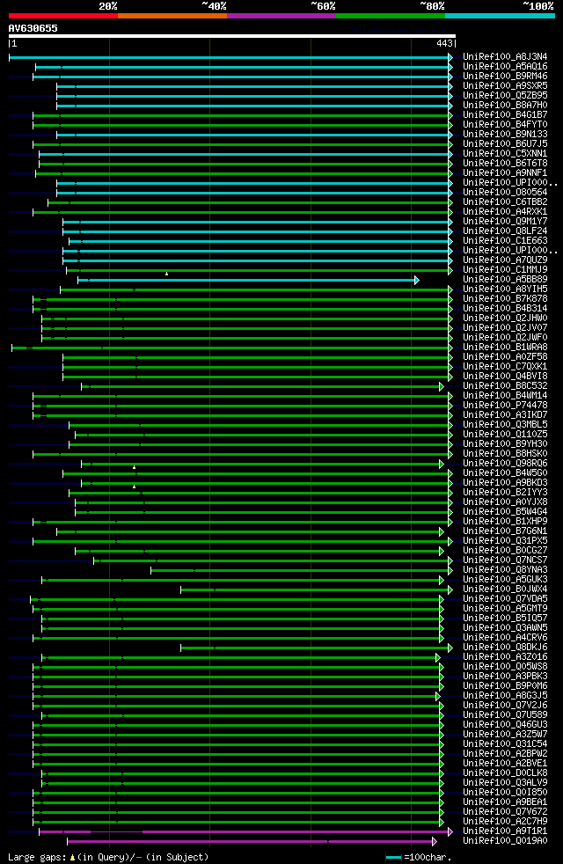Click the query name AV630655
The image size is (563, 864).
click(33, 28)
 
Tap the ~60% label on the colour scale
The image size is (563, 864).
click(323, 6)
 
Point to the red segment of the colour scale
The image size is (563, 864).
click(62, 16)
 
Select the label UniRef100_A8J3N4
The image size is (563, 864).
click(505, 56)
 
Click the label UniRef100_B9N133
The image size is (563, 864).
click(505, 134)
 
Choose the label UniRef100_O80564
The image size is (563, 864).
click(505, 192)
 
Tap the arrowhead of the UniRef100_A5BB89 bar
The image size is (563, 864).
click(417, 280)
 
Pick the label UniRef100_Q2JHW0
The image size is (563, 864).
click(505, 318)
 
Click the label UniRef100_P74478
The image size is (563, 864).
click(505, 405)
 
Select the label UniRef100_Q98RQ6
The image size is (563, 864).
click(505, 463)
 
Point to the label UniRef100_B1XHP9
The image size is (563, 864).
click(505, 521)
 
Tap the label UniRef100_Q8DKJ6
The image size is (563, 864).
click(505, 647)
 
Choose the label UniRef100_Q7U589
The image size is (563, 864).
click(505, 714)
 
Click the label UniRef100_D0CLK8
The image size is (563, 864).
click(505, 772)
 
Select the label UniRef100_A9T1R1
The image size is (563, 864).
click(505, 831)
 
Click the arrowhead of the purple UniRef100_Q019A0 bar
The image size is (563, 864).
click(434, 840)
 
